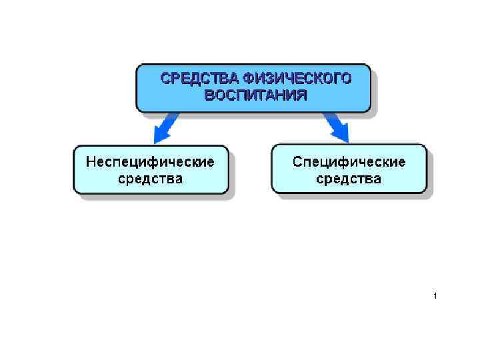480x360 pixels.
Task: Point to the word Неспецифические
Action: [x=151, y=162]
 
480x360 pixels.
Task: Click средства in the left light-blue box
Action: [x=151, y=179]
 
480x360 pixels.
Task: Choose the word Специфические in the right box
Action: [x=349, y=162]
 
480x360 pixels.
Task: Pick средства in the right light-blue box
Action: [x=349, y=179]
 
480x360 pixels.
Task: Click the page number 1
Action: [x=434, y=295]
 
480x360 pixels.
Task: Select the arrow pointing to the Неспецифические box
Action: [x=165, y=127]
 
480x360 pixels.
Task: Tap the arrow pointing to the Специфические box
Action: [x=336, y=127]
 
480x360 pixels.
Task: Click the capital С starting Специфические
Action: [x=298, y=162]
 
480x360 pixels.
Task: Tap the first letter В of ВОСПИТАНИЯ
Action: [x=209, y=95]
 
